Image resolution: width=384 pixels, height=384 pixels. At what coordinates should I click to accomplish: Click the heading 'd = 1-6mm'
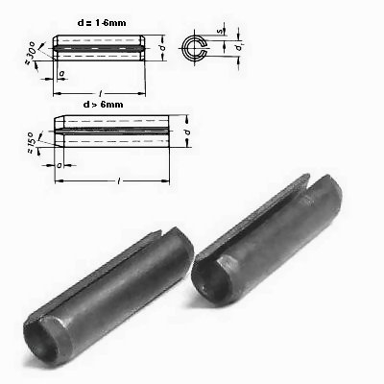coord(102,23)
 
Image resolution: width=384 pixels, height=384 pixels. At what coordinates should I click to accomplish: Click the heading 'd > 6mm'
coord(103,105)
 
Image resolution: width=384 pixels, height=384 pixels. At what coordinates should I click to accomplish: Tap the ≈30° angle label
coord(30,51)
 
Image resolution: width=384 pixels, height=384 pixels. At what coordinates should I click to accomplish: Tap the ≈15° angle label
coord(31,142)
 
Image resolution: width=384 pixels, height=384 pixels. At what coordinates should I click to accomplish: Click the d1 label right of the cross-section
coord(238,47)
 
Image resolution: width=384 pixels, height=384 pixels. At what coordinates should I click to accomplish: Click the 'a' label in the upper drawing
coord(61,73)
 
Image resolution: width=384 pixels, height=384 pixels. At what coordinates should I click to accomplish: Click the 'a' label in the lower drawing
coord(59,165)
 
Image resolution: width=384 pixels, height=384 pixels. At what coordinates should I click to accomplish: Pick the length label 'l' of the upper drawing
coord(101,93)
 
